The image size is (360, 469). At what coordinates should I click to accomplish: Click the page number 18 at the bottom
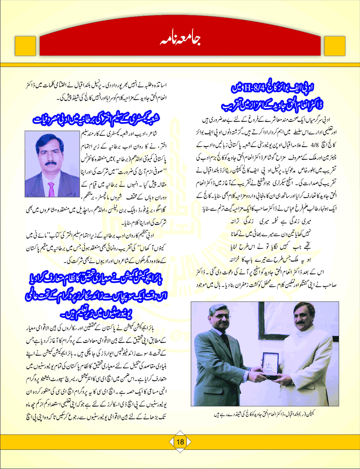coord(180,442)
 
